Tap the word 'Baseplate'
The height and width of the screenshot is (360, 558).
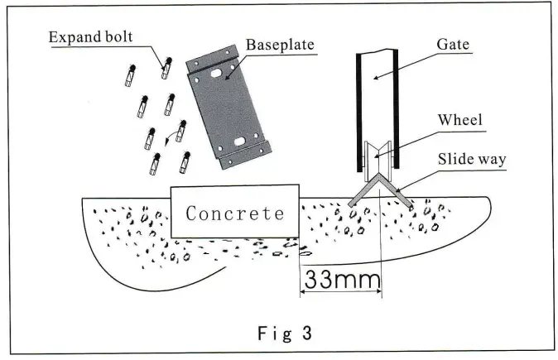coord(279,45)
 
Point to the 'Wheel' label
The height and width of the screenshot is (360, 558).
coord(460,120)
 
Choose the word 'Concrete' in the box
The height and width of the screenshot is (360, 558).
coord(234,213)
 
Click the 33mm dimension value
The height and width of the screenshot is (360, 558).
coord(340,279)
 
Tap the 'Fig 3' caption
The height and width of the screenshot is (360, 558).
coord(279,334)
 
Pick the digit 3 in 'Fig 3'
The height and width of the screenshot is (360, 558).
coord(306,334)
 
